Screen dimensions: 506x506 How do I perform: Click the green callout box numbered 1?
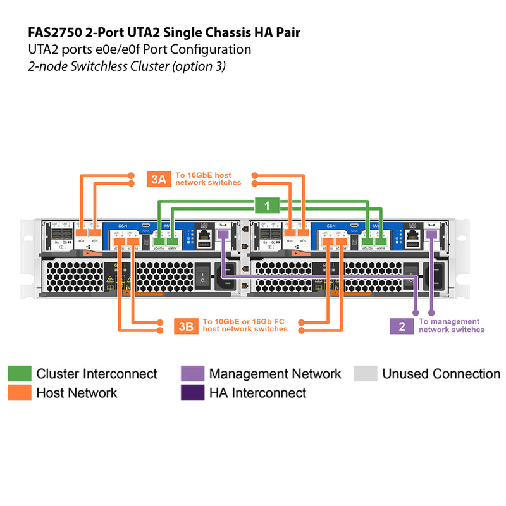click(267, 206)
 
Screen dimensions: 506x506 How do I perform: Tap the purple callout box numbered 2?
click(401, 326)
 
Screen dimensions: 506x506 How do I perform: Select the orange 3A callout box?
click(158, 179)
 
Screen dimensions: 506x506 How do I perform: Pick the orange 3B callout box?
click(185, 326)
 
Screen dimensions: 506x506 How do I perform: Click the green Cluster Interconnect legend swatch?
click(19, 374)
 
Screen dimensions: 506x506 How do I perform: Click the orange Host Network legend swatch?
click(19, 393)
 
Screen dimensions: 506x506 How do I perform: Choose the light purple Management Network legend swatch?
click(192, 374)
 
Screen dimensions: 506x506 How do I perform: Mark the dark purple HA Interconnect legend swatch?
click(192, 393)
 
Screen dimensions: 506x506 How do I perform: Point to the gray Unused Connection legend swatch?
click(365, 374)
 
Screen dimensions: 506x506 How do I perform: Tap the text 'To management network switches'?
click(451, 326)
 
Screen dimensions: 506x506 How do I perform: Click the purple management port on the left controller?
click(223, 235)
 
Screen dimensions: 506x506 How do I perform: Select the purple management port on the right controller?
click(431, 235)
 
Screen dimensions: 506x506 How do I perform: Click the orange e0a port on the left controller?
click(81, 235)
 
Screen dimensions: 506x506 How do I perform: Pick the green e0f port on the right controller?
click(381, 241)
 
